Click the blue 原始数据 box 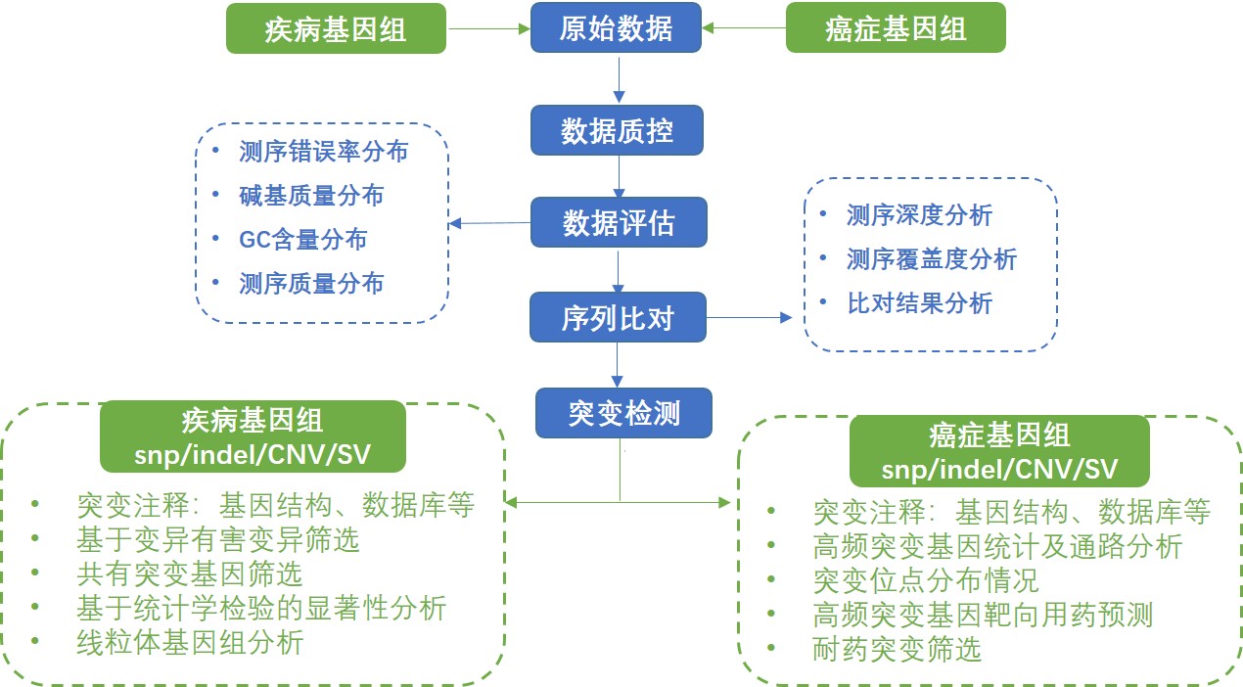coord(617,28)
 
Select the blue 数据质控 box coord(617,130)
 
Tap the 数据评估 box coord(618,223)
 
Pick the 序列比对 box coord(618,317)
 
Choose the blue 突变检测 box coord(623,413)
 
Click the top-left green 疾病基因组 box coord(336,28)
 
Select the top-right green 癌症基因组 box coord(896,28)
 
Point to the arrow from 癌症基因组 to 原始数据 coord(745,28)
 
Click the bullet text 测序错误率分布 coord(324,152)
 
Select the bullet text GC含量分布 coord(303,240)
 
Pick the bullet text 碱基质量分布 coord(311,196)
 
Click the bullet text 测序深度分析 coord(919,214)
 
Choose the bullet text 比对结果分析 coord(919,302)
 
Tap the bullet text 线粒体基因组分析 coord(190,643)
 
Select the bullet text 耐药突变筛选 coord(897,648)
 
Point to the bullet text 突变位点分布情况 coord(925,580)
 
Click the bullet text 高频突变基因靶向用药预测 coord(983,615)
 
